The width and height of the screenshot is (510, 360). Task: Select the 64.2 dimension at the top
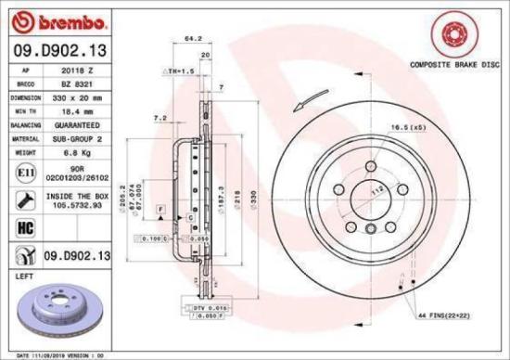tap(193, 39)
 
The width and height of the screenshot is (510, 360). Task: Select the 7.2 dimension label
tap(159, 118)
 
